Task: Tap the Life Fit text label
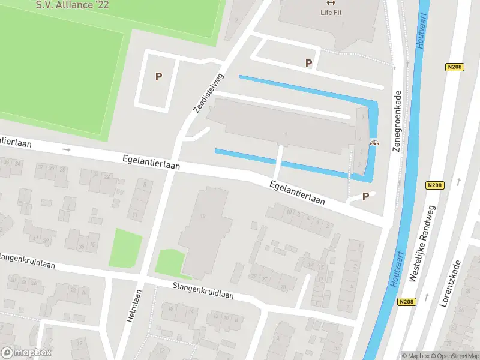click(334, 12)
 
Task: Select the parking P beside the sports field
click(159, 77)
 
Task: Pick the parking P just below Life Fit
click(309, 63)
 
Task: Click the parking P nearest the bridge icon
click(365, 196)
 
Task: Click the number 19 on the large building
click(204, 216)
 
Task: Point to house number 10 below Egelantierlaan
click(289, 212)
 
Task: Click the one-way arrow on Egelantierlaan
click(66, 149)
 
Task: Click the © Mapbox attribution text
click(416, 356)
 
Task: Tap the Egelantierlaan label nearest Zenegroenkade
click(297, 193)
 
